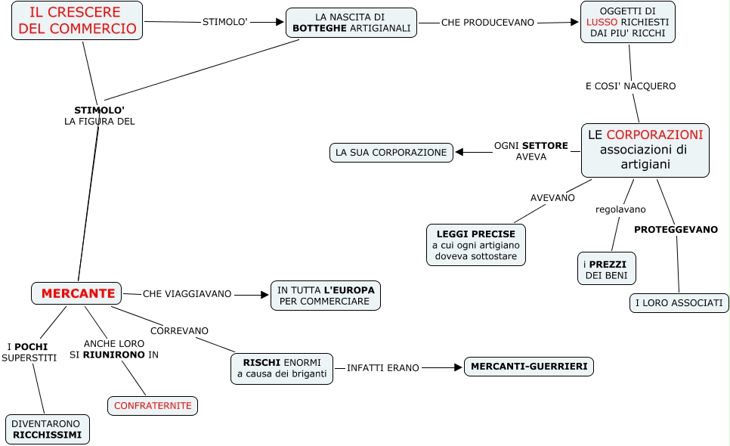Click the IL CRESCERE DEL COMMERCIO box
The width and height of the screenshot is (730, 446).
click(78, 20)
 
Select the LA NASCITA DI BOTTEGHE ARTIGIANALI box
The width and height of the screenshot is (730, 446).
click(351, 23)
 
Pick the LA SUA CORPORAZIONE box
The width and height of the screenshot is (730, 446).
click(391, 153)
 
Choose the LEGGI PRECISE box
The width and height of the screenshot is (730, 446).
click(475, 245)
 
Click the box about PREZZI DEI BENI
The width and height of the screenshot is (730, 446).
click(606, 269)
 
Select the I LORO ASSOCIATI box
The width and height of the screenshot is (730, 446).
click(679, 303)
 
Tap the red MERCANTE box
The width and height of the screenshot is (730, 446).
click(76, 293)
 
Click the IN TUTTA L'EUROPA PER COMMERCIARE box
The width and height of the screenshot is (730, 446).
click(325, 295)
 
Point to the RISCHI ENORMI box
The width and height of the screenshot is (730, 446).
click(281, 368)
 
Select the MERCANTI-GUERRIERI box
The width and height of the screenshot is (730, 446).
click(529, 367)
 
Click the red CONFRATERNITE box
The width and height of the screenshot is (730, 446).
click(153, 406)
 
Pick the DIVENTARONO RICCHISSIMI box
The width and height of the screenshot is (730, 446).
click(48, 429)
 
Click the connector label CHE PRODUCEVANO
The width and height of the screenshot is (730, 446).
click(487, 23)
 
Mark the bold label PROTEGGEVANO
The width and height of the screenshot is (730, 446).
click(676, 229)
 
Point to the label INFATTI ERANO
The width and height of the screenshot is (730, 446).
click(382, 367)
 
